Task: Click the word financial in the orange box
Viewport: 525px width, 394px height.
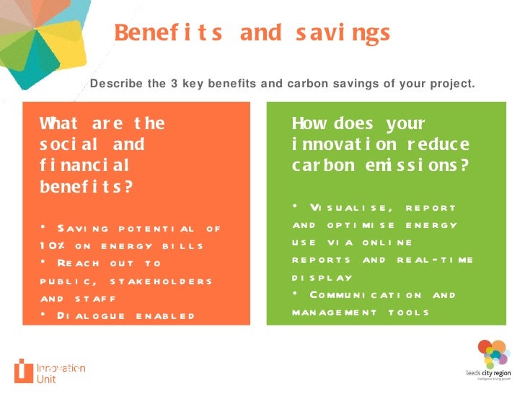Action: pyautogui.click(x=84, y=165)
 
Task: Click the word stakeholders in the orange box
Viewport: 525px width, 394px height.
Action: pyautogui.click(x=165, y=281)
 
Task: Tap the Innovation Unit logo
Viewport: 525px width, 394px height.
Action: pyautogui.click(x=50, y=370)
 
